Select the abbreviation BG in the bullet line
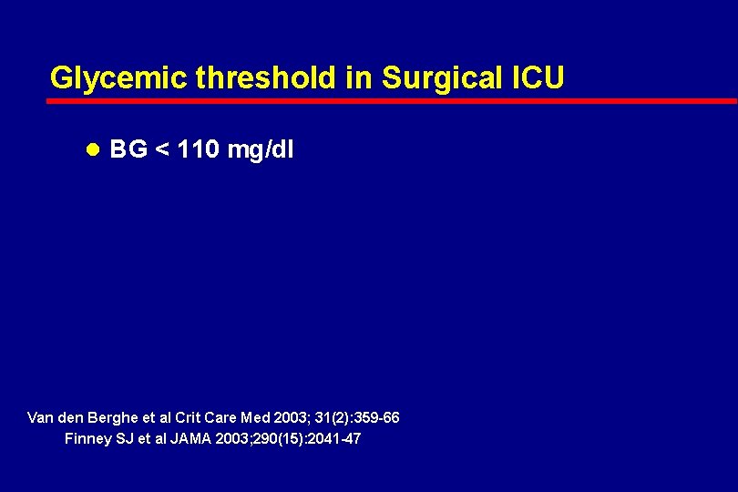128,149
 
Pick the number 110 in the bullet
198,149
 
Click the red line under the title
392,100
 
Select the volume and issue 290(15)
268,438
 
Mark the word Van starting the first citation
42,417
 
